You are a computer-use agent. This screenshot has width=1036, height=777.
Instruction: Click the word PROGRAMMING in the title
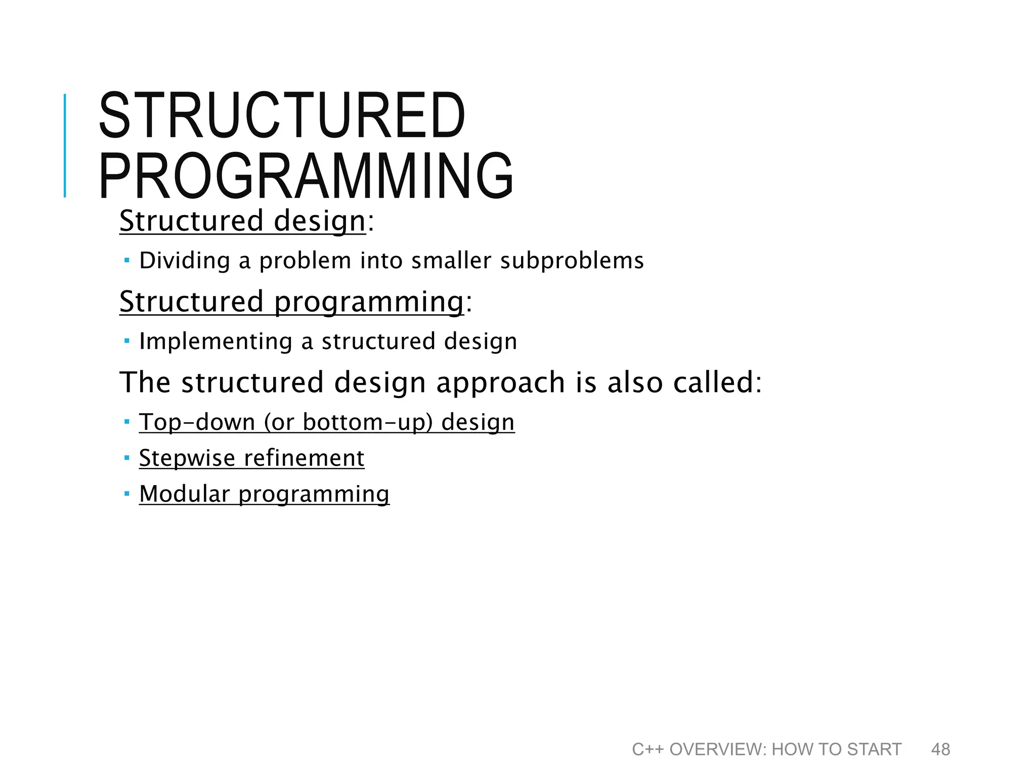[x=306, y=176]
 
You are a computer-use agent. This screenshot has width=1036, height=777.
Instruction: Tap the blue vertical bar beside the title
[x=65, y=146]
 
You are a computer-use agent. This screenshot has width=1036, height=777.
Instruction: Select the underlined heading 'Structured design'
[x=242, y=221]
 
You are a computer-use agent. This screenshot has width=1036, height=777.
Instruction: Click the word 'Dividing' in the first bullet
[x=185, y=261]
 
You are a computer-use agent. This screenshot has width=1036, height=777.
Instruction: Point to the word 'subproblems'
[x=572, y=261]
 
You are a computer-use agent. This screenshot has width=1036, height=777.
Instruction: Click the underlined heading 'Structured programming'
[x=292, y=301]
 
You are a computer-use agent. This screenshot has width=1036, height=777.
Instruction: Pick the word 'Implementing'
[x=215, y=341]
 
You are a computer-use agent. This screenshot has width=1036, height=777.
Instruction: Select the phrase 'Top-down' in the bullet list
[x=197, y=422]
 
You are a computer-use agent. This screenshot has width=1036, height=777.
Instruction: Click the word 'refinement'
[x=304, y=458]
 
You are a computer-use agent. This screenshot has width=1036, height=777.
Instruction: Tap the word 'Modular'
[x=184, y=494]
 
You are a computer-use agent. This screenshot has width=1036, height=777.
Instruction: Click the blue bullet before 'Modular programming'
[x=127, y=493]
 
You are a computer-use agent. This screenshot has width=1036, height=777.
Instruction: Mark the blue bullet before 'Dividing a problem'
[x=127, y=261]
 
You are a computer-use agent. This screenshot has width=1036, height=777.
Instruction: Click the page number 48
[x=940, y=749]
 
